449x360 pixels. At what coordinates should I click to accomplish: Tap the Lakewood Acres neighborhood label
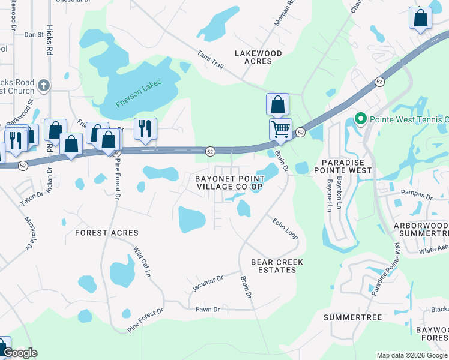click(x=258, y=57)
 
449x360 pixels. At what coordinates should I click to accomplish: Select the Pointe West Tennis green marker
click(x=360, y=119)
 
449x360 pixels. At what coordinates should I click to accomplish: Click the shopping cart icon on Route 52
click(x=280, y=129)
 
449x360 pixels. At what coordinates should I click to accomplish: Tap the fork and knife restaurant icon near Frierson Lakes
click(x=145, y=128)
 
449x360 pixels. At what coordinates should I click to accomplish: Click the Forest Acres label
click(x=106, y=233)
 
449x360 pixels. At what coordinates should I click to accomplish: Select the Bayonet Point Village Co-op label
click(x=231, y=182)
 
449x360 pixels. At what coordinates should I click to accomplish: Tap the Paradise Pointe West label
click(x=346, y=167)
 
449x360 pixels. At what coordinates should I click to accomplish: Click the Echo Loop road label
click(x=285, y=228)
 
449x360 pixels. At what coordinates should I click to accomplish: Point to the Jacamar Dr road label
click(x=208, y=281)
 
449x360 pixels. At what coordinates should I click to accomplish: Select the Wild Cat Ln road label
click(x=142, y=261)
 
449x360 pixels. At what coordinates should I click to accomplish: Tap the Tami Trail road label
click(x=211, y=60)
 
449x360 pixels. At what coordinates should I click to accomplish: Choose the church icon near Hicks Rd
click(x=43, y=86)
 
